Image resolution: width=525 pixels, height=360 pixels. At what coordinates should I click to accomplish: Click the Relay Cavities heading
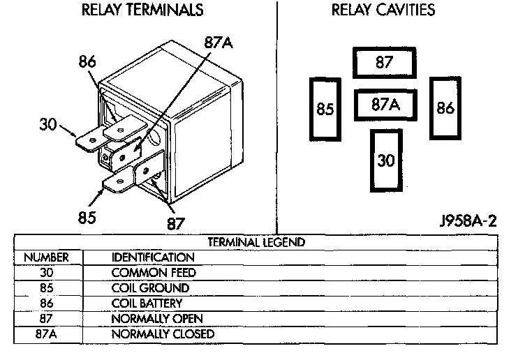[383, 10]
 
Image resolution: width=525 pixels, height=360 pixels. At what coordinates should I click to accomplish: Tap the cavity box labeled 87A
[385, 105]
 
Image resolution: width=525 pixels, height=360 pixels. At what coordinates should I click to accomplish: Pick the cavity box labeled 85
[325, 109]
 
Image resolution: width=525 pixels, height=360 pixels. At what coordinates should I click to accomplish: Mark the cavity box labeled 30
[385, 160]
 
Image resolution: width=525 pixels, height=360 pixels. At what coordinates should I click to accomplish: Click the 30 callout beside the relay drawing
[48, 125]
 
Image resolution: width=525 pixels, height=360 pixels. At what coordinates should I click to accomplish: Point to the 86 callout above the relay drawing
[87, 62]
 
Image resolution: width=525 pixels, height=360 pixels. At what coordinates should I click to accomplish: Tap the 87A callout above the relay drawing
[218, 42]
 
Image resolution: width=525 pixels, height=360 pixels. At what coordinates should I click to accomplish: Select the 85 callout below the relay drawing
[87, 217]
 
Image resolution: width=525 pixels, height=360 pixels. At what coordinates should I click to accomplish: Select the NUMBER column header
[45, 257]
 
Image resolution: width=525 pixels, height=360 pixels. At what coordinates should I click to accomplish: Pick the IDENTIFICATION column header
[153, 257]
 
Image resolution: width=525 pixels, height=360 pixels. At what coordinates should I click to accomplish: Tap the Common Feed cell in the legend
[154, 273]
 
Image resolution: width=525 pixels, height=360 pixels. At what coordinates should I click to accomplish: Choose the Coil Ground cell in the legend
[150, 288]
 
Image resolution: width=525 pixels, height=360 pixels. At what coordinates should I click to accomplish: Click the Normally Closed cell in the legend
[163, 334]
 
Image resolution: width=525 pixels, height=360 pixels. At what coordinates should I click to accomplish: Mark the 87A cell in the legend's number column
[45, 334]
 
